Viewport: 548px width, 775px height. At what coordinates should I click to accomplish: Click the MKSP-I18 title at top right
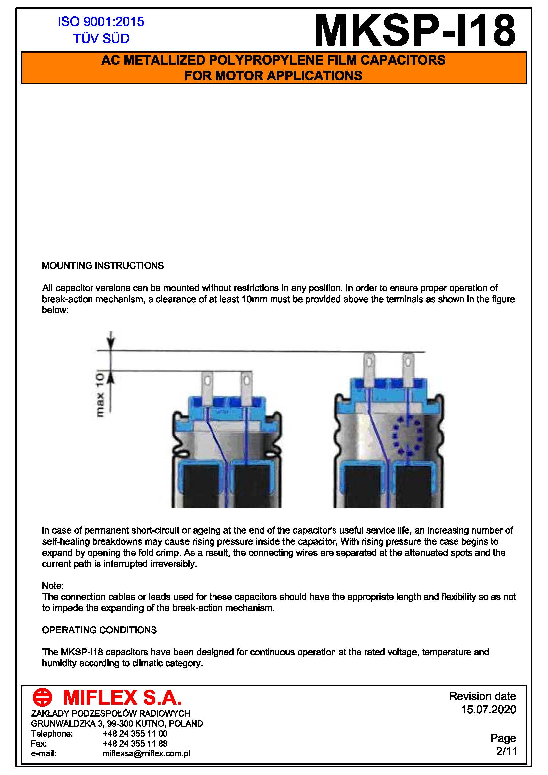coord(415,31)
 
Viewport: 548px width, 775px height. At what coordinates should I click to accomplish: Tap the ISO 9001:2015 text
coord(101,22)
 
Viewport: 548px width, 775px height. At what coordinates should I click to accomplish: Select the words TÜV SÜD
coord(101,39)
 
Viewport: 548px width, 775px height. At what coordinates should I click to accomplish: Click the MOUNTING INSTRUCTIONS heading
coord(103,266)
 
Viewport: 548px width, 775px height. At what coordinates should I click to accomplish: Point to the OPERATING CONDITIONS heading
coord(99,630)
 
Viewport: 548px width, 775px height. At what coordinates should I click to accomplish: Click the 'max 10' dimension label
coord(100,395)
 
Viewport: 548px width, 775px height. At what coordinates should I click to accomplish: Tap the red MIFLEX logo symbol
coord(42,697)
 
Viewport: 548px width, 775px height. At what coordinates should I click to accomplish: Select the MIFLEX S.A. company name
coord(122,698)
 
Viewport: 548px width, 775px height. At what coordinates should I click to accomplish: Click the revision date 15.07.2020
coord(488,709)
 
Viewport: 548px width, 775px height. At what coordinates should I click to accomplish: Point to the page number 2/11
coord(507,751)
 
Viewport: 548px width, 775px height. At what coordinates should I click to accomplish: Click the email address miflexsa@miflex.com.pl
coord(146,753)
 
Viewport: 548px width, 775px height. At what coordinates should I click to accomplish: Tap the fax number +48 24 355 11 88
coord(135,743)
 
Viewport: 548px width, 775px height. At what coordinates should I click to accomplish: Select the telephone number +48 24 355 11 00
coord(135,734)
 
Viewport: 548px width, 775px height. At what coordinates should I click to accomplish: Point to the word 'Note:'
coord(53,585)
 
